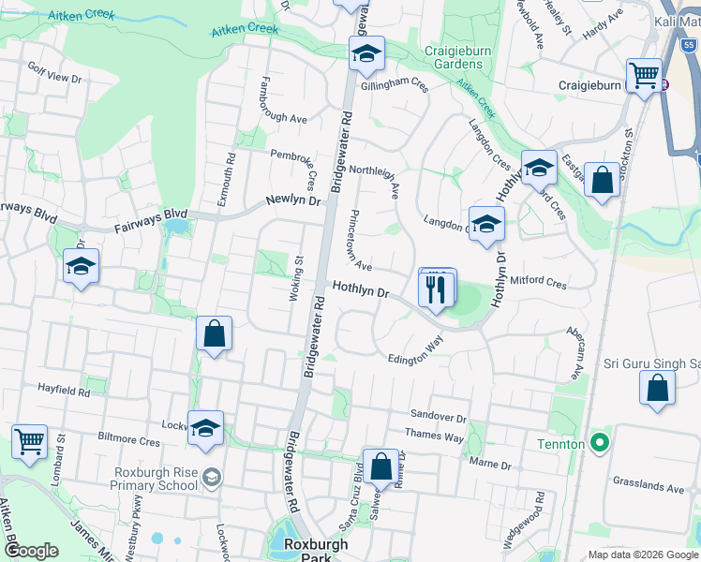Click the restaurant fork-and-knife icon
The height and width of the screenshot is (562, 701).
437,288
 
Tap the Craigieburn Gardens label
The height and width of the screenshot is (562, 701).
453,57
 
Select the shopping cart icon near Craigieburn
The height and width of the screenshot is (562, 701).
644,75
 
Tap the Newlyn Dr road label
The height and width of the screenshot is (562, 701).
292,200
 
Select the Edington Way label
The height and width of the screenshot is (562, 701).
416,350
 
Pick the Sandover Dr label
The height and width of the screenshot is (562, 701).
438,415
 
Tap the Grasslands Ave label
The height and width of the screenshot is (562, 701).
650,487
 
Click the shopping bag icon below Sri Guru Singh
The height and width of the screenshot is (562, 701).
658,388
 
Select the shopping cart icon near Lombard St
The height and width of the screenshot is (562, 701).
29,441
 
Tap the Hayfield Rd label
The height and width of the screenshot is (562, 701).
64,389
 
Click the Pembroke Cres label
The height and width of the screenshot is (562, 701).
294,155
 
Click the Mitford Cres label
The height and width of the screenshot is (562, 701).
539,282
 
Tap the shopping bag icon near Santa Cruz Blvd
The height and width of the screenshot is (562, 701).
381,466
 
